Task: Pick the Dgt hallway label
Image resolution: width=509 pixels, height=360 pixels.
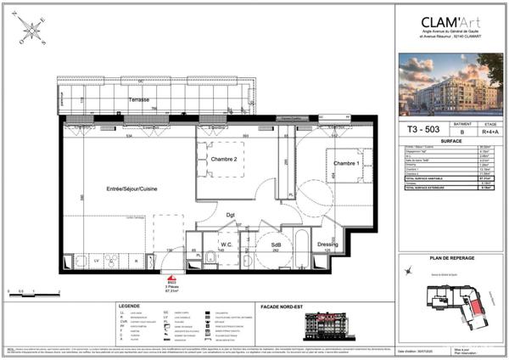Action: [231, 216]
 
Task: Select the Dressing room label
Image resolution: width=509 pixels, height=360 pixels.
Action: [327, 245]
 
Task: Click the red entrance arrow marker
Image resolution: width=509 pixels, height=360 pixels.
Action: [171, 278]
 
